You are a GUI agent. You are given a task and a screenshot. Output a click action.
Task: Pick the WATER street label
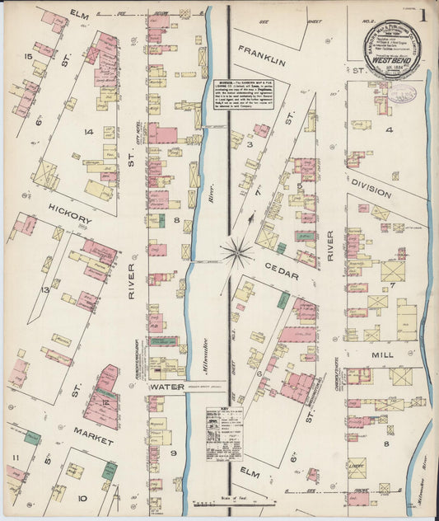pyautogui.click(x=168, y=387)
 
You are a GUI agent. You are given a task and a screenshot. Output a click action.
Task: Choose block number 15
pyautogui.click(x=28, y=57)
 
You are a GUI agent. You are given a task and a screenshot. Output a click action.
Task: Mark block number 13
pyautogui.click(x=46, y=290)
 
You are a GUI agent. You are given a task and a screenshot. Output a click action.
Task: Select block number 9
pyautogui.click(x=174, y=453)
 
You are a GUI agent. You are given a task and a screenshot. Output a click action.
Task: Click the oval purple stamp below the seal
pyautogui.click(x=401, y=92)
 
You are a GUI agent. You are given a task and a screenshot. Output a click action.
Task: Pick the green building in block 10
pyautogui.click(x=109, y=470)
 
